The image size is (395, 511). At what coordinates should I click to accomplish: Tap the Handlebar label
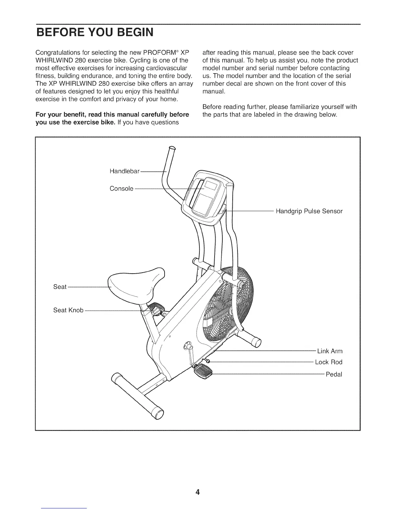124,171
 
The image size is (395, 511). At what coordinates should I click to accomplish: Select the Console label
121,188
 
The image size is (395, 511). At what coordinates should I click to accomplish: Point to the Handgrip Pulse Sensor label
309,211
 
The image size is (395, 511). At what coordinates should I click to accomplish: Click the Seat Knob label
68,310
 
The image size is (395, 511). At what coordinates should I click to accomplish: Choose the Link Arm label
329,351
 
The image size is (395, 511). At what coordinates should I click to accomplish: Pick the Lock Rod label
328,362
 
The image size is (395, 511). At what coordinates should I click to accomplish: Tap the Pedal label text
334,374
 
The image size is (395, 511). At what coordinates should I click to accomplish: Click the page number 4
197,492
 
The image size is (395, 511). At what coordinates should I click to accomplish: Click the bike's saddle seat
136,283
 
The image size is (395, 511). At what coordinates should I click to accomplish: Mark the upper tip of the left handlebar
172,148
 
